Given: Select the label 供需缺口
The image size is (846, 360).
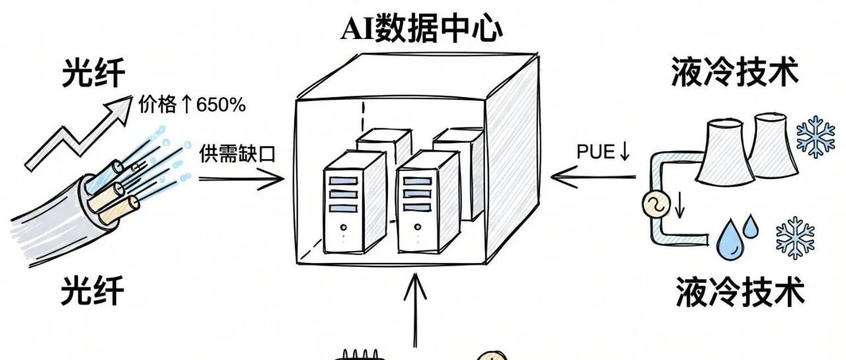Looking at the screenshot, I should pos(236,153).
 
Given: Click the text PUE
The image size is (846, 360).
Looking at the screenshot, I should pos(595,151).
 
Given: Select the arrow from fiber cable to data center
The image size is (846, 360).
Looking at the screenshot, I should pos(242,178).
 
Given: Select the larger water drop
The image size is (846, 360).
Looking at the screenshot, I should pos(730,238).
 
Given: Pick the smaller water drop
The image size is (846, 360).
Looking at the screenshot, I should pos(751,227).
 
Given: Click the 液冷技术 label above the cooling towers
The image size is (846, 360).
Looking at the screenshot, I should pos(734,73).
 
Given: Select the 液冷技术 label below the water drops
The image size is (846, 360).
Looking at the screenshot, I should pos(740,291).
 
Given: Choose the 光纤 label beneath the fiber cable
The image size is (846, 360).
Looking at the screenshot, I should pos(93,291).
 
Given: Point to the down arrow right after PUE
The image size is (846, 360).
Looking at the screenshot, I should pos(623,152).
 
